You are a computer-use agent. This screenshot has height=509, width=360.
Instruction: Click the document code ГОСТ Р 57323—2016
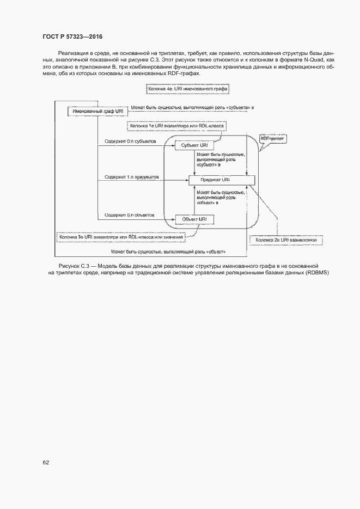(x=72, y=36)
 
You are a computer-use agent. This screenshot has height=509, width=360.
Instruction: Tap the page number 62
(x=46, y=462)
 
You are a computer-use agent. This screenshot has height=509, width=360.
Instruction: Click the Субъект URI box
(x=194, y=146)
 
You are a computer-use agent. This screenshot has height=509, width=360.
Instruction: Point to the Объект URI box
(x=194, y=219)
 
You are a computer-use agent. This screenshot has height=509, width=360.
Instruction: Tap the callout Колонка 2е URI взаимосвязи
(x=285, y=240)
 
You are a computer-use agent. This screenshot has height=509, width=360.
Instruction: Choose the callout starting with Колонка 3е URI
(x=121, y=237)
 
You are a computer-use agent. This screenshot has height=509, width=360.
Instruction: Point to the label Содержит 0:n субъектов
(x=130, y=142)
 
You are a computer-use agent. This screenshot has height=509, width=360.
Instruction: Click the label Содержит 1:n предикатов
(x=131, y=177)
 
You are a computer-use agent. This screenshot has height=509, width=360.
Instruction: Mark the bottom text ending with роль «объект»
(x=168, y=252)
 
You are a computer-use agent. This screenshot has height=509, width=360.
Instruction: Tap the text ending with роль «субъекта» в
(x=192, y=108)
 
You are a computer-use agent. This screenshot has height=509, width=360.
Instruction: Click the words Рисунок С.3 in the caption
(x=73, y=265)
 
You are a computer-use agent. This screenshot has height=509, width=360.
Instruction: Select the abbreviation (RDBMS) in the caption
(x=316, y=272)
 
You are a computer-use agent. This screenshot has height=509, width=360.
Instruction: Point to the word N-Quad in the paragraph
(x=320, y=59)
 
